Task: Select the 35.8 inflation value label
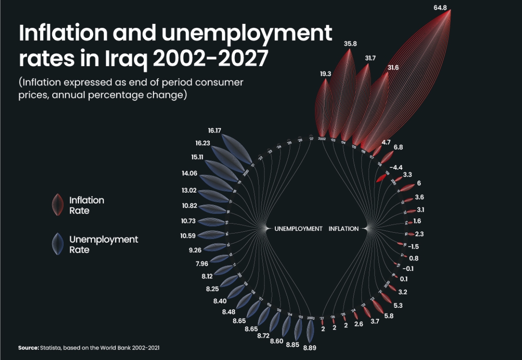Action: (x=350, y=44)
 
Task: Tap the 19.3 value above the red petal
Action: (x=326, y=74)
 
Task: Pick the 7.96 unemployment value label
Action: (x=202, y=263)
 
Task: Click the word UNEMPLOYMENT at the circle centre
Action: (x=298, y=229)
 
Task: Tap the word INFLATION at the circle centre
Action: (x=344, y=229)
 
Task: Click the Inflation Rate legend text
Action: (x=87, y=205)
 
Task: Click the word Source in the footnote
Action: (x=28, y=348)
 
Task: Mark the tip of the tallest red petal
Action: (x=449, y=11)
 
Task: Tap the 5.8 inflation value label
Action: (x=389, y=316)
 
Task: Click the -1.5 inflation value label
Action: (x=413, y=247)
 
